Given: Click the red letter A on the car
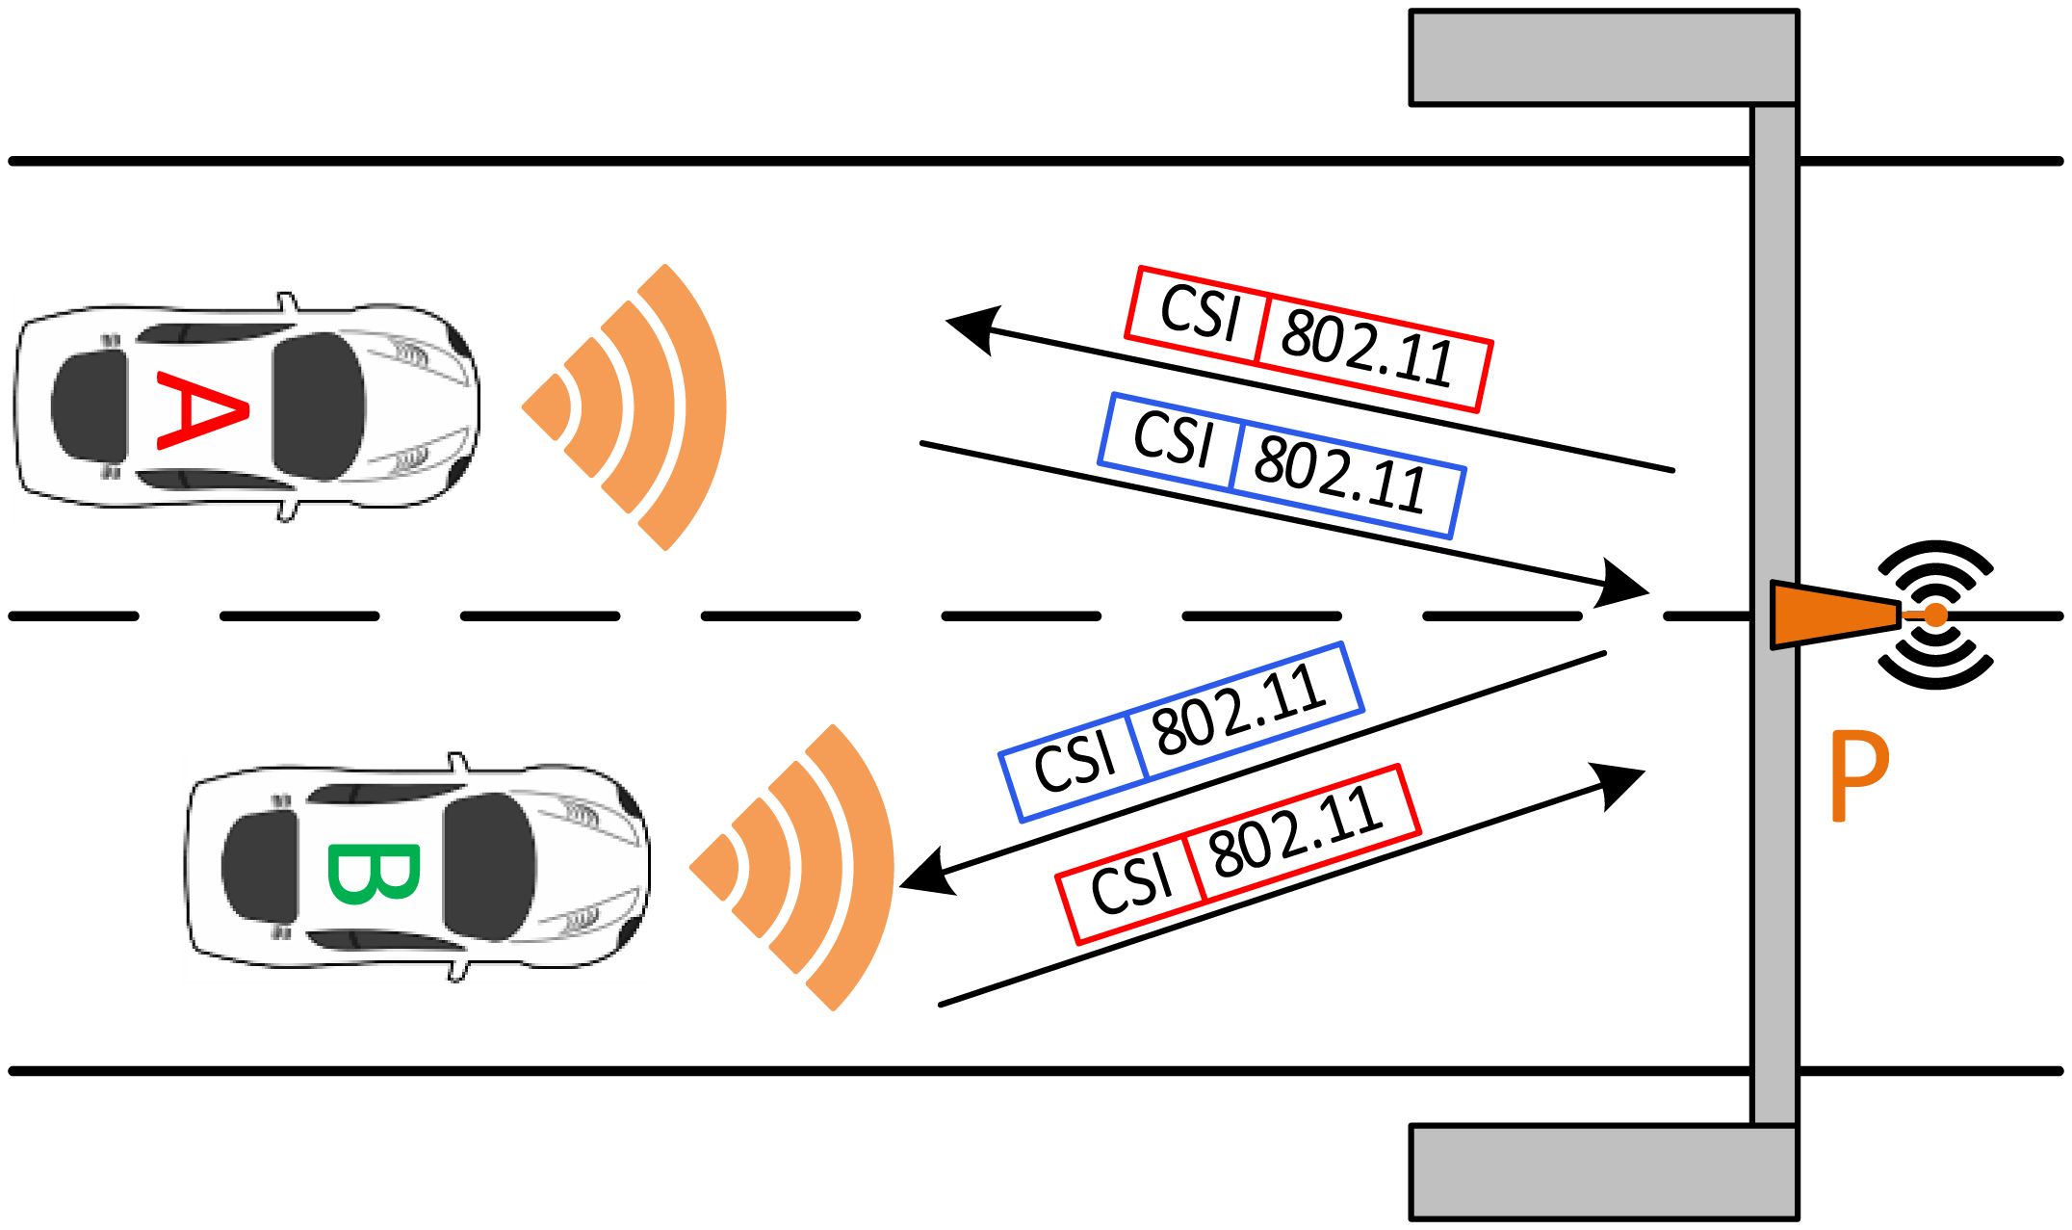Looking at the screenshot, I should (x=202, y=409).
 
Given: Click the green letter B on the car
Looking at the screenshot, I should (x=374, y=874).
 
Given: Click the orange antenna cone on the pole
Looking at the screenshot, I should (x=1829, y=615).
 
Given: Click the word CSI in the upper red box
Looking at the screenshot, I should (x=1198, y=313).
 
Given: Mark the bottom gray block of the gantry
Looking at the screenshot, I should (x=1603, y=1171).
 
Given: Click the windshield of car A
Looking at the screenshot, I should (x=318, y=407).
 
